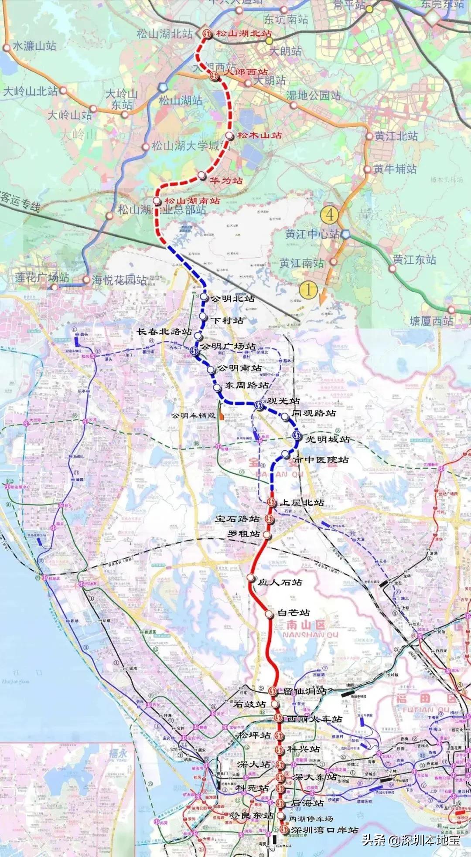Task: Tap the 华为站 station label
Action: (x=226, y=180)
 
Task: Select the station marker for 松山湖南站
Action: (x=157, y=201)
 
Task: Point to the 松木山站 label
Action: (x=259, y=135)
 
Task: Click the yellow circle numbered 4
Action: (x=329, y=214)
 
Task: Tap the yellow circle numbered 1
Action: (x=309, y=289)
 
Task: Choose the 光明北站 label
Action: (x=232, y=299)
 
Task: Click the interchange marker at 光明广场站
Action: (x=195, y=350)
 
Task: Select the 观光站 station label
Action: (x=283, y=400)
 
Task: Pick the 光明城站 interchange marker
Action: (x=297, y=435)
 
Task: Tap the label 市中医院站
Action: (x=321, y=459)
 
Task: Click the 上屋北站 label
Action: (x=302, y=503)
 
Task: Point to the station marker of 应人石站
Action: (x=250, y=578)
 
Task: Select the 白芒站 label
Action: (x=294, y=612)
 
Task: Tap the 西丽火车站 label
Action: (x=315, y=719)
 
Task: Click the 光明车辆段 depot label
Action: (x=193, y=415)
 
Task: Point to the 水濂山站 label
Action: (x=34, y=45)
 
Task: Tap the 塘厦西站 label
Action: (x=431, y=321)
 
